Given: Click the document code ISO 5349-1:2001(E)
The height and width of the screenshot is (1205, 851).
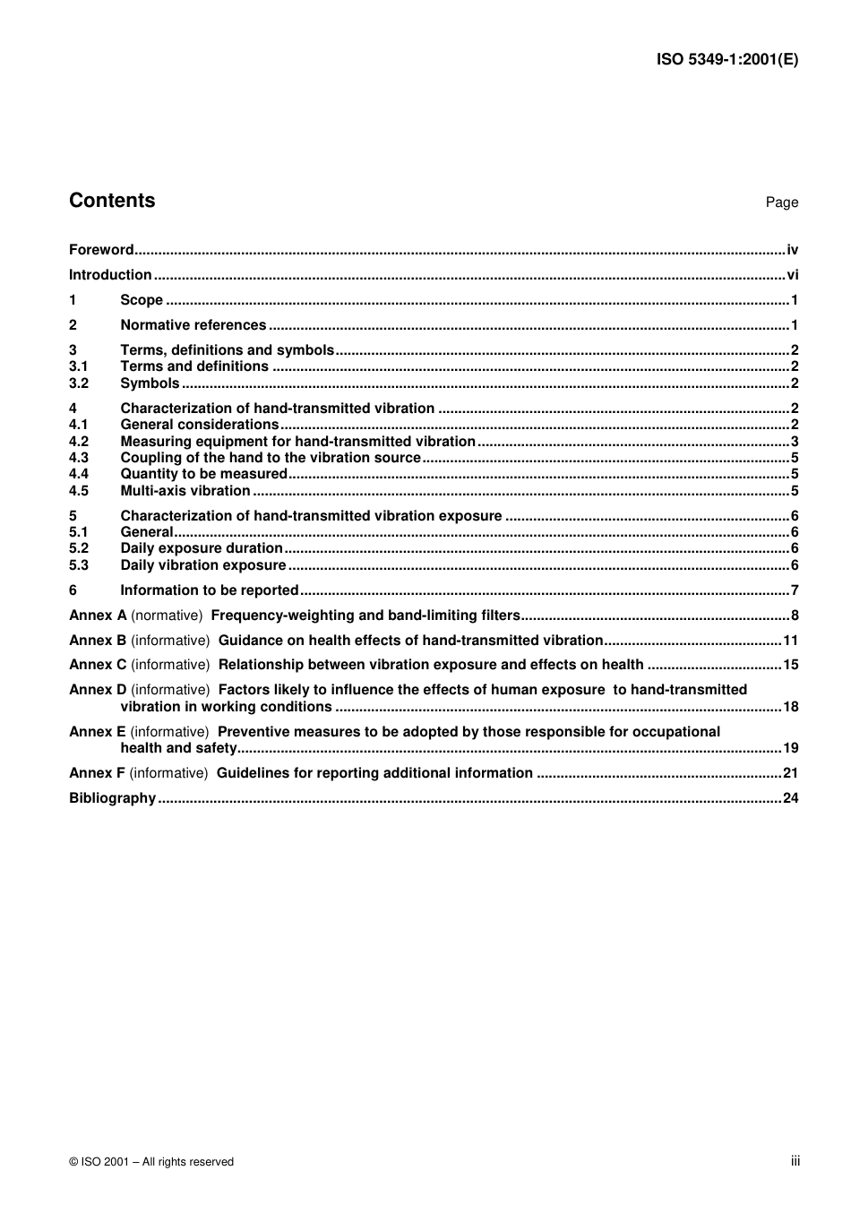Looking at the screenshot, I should [726, 60].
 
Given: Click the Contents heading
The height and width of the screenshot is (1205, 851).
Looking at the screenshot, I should [112, 201].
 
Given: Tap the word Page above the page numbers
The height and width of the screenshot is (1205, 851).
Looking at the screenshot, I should [781, 202].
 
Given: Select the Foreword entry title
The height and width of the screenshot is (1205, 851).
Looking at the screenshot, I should [101, 250].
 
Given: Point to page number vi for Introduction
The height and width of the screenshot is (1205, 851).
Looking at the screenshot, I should [792, 275].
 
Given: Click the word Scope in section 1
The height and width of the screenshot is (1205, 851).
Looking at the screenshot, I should [142, 300].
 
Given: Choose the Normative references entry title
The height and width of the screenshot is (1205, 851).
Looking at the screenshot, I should [193, 325].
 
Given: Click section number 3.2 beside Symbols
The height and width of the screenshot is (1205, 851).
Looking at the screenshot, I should [79, 383].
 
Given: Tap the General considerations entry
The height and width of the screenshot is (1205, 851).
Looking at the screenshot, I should [199, 425].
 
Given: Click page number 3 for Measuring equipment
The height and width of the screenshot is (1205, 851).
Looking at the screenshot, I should [795, 442].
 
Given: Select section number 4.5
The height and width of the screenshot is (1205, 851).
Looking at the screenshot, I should [79, 491].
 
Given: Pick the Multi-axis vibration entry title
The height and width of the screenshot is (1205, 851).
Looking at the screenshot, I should [185, 491].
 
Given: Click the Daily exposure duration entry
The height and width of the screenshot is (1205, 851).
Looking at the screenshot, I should [202, 548].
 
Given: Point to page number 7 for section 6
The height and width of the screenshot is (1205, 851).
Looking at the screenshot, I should [795, 590].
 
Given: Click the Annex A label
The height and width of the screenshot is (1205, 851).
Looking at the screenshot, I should [98, 615].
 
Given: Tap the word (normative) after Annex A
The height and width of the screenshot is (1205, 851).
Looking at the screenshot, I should [167, 615].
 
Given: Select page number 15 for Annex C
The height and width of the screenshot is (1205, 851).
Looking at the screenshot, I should [790, 665].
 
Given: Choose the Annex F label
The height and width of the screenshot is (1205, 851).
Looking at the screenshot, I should [97, 773].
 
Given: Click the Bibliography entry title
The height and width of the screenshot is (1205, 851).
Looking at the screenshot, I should [112, 798].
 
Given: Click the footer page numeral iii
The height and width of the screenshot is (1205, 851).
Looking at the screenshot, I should [795, 1161].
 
